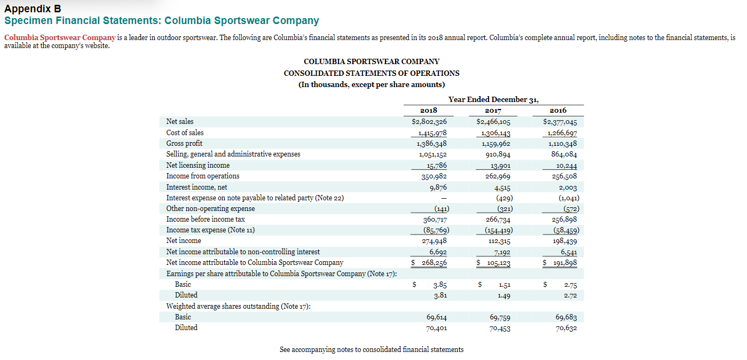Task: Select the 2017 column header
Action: [x=493, y=111]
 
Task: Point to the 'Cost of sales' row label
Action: [x=185, y=132]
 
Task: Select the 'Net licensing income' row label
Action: [x=198, y=165]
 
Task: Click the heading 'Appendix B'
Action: [x=33, y=9]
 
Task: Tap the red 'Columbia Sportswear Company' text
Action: [x=60, y=37]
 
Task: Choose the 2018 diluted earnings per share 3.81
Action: [x=440, y=295]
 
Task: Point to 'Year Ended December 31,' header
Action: [x=493, y=99]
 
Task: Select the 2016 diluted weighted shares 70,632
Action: [x=566, y=328]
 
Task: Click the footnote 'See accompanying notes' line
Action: [x=371, y=349]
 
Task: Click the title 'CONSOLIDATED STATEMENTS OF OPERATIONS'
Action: [x=371, y=73]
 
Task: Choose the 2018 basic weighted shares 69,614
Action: [x=434, y=317]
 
